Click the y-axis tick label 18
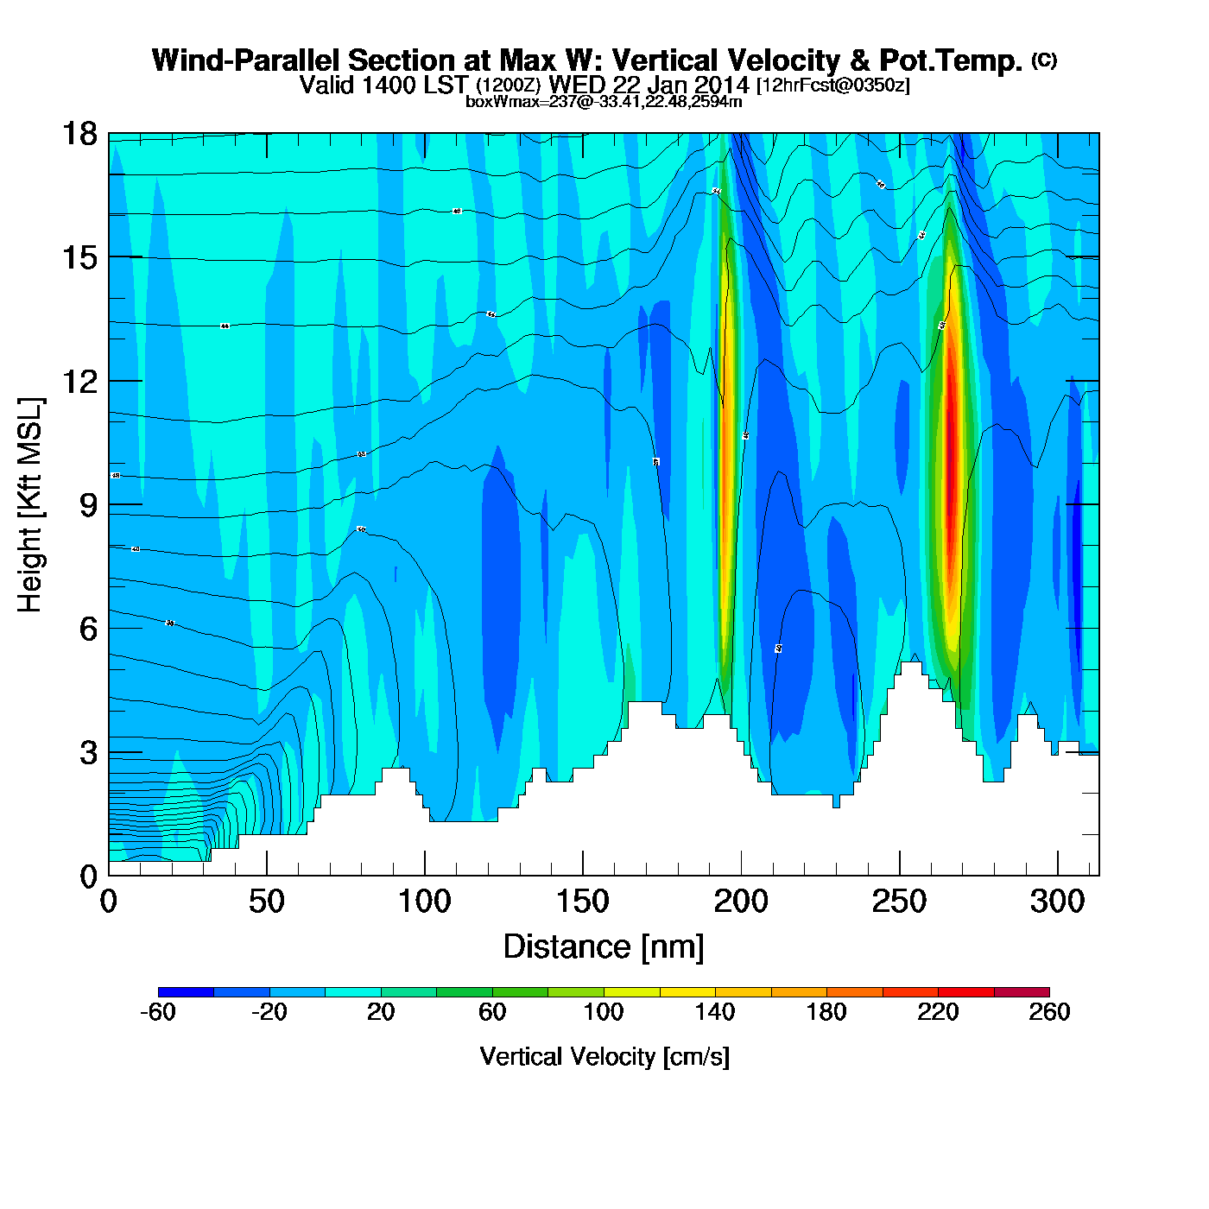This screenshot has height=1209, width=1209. click(x=79, y=135)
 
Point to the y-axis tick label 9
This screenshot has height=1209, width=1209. click(x=88, y=506)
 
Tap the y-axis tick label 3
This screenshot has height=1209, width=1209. click(x=88, y=753)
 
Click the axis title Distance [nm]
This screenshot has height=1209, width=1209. click(x=604, y=947)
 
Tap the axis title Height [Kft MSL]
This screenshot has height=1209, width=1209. click(x=31, y=505)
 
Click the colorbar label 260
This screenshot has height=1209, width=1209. click(x=1049, y=1012)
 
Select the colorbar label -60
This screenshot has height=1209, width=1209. click(x=157, y=1012)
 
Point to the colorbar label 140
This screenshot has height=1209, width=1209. click(x=715, y=1012)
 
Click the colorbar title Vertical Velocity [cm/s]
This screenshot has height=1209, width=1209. click(x=604, y=1057)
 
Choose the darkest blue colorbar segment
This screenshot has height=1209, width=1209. click(x=186, y=992)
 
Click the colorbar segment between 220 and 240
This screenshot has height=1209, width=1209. click(x=965, y=992)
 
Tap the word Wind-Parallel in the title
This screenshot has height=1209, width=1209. click(x=247, y=61)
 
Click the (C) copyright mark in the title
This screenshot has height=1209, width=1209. click(x=1044, y=60)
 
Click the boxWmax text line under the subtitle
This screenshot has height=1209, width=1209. click(x=604, y=102)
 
